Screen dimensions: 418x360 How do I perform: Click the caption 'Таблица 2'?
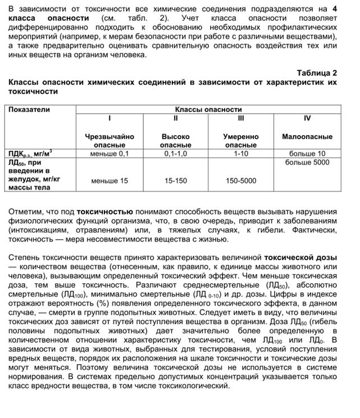point(317,73)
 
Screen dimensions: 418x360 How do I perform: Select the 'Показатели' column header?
point(29,109)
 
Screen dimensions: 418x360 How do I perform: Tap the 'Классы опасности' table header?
point(208,109)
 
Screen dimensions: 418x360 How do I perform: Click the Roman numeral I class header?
point(110,118)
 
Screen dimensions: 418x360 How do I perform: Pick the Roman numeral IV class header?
point(307,118)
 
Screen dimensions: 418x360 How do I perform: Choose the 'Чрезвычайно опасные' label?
point(110,141)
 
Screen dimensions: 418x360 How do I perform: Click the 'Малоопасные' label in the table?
point(307,136)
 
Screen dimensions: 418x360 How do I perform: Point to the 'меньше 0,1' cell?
point(110,153)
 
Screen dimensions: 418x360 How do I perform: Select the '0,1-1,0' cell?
point(176,153)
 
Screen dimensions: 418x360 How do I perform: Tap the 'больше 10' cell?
point(307,153)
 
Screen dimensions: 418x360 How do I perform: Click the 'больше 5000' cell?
point(307,163)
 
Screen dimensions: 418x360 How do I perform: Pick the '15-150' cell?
point(176,181)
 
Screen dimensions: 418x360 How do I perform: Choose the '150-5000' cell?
point(241,181)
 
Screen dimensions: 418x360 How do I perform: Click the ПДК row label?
point(30,153)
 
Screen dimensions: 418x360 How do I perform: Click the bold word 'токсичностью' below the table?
point(104,212)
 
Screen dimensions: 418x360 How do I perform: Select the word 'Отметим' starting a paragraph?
point(24,212)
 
